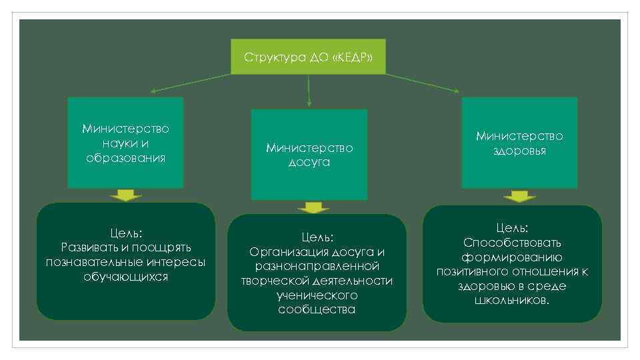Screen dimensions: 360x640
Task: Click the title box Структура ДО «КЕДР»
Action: (x=308, y=57)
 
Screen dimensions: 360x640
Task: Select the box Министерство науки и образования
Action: (x=125, y=143)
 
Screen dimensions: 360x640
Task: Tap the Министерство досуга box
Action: (x=309, y=155)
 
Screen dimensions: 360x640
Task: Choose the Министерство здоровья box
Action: (x=519, y=143)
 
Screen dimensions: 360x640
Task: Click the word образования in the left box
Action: (x=125, y=158)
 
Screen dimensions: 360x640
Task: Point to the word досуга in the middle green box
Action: (x=309, y=163)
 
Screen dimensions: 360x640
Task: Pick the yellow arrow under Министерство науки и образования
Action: (x=126, y=195)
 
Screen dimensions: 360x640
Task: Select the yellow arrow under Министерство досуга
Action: (x=309, y=207)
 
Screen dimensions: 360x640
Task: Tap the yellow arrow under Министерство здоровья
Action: (x=519, y=196)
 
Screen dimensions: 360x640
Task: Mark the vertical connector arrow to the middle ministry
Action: (x=309, y=90)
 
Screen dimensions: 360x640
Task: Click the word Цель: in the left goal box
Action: (x=126, y=233)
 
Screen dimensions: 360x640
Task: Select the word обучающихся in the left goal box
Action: (x=126, y=276)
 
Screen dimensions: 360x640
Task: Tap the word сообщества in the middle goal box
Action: (x=317, y=309)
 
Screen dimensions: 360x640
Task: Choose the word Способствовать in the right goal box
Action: (x=512, y=243)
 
